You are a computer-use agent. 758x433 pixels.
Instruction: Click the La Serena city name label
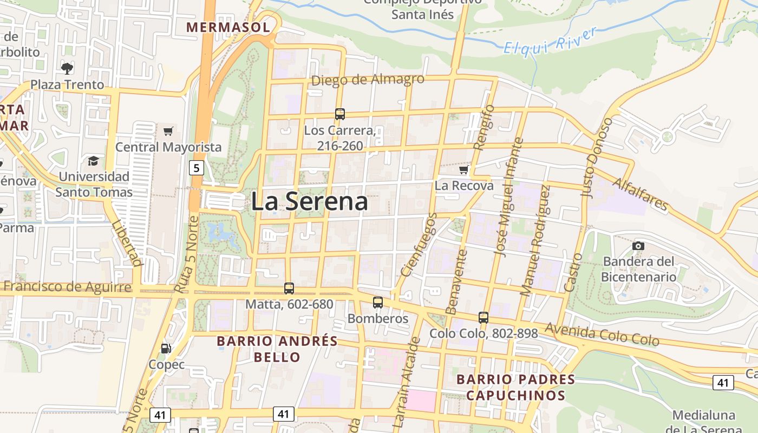tap(309, 201)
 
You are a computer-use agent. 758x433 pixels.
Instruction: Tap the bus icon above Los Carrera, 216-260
tap(340, 114)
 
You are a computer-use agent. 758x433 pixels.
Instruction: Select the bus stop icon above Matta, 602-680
tap(289, 288)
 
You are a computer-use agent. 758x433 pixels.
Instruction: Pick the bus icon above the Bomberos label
tap(378, 303)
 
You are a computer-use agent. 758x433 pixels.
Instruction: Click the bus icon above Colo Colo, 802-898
tap(483, 318)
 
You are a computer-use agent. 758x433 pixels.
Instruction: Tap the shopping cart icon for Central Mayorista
tap(168, 131)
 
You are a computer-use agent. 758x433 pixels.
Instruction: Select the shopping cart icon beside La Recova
tap(463, 170)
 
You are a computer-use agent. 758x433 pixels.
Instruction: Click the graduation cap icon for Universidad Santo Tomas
tap(94, 161)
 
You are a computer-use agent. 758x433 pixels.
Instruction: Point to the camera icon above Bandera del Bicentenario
tap(638, 246)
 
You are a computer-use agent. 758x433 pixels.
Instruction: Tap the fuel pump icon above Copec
tap(166, 349)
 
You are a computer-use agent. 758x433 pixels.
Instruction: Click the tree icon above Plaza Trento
tap(67, 68)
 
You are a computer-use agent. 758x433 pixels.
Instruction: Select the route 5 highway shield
tap(197, 168)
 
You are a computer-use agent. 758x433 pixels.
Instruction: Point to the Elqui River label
tap(550, 41)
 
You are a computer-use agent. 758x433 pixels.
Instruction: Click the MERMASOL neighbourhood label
tap(228, 27)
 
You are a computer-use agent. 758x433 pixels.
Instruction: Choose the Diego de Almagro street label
tap(368, 80)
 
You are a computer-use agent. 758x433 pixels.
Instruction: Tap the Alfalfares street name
tap(640, 194)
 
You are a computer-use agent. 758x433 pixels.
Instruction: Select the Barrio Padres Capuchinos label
tap(515, 387)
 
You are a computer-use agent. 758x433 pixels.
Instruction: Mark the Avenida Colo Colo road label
tap(603, 334)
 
